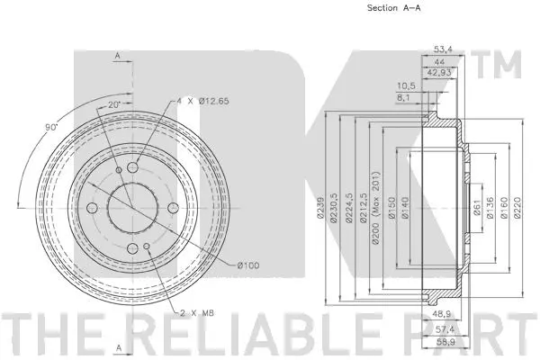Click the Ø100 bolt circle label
point(249,264)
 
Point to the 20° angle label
point(112,104)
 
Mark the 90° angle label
point(53,127)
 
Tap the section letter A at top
point(117,56)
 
